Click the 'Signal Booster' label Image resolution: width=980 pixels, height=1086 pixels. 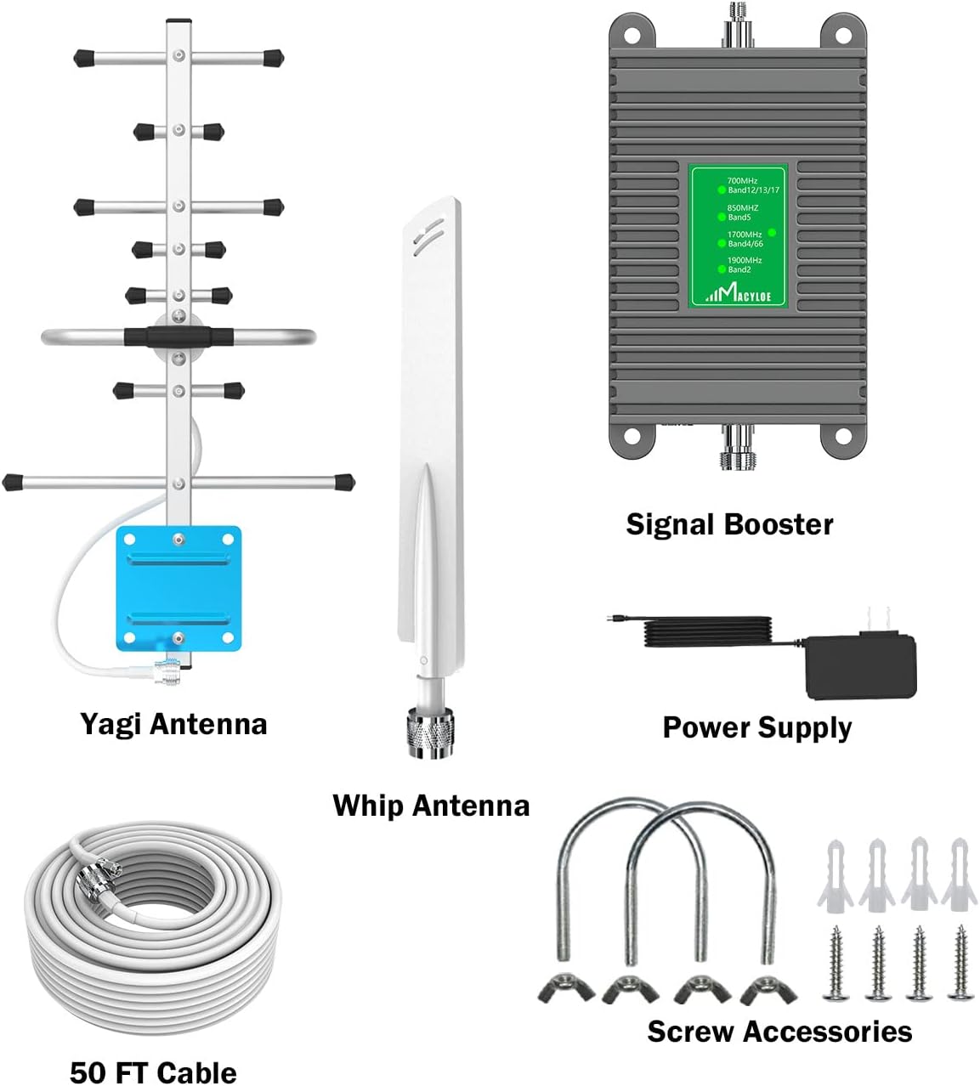click(729, 524)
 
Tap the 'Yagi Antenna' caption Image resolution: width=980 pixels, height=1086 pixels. click(173, 724)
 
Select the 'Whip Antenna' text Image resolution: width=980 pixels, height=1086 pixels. click(431, 806)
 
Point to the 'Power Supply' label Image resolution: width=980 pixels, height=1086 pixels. click(756, 727)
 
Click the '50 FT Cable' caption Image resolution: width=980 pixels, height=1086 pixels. click(153, 1072)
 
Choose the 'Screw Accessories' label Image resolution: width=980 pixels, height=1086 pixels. click(779, 1032)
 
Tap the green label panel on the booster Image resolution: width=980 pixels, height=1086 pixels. click(739, 237)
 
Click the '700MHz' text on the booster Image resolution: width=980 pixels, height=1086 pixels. click(742, 181)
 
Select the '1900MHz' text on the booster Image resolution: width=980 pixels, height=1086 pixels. click(745, 260)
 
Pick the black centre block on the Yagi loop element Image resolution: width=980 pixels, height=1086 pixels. click(178, 336)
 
